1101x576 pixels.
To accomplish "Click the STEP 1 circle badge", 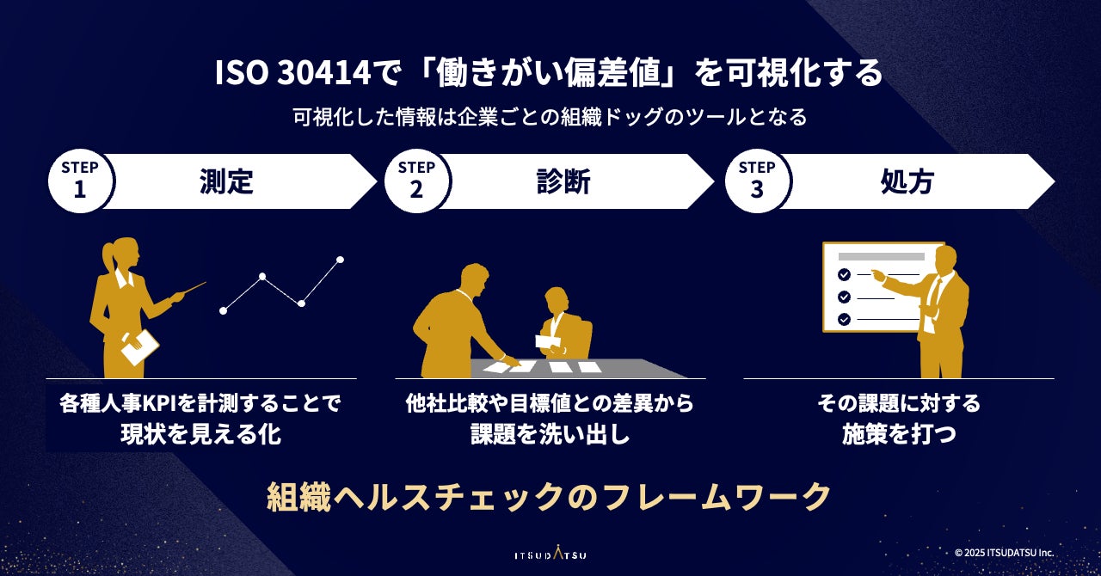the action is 80,181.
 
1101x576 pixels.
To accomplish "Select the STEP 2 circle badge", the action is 417,181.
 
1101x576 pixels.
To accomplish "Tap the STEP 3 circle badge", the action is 757,181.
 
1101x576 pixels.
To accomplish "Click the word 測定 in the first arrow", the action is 226,181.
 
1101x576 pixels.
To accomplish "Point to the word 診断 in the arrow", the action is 563,181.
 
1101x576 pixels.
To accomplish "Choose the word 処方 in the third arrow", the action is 907,181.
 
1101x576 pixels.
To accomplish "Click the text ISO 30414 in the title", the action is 293,74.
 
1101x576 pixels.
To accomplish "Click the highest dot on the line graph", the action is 340,260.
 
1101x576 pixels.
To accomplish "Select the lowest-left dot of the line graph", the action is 223,310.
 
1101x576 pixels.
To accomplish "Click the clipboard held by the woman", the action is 139,347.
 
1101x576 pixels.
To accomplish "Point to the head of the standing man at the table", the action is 474,279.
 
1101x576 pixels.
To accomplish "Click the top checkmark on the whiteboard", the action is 845,274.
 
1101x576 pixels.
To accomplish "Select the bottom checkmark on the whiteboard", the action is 845,320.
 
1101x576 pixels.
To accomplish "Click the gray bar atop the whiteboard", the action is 882,256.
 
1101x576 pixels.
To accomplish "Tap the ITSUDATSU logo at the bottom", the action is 550,555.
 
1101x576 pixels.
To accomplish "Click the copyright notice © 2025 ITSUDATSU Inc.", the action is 1004,553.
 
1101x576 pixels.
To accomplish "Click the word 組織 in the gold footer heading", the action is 298,498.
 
